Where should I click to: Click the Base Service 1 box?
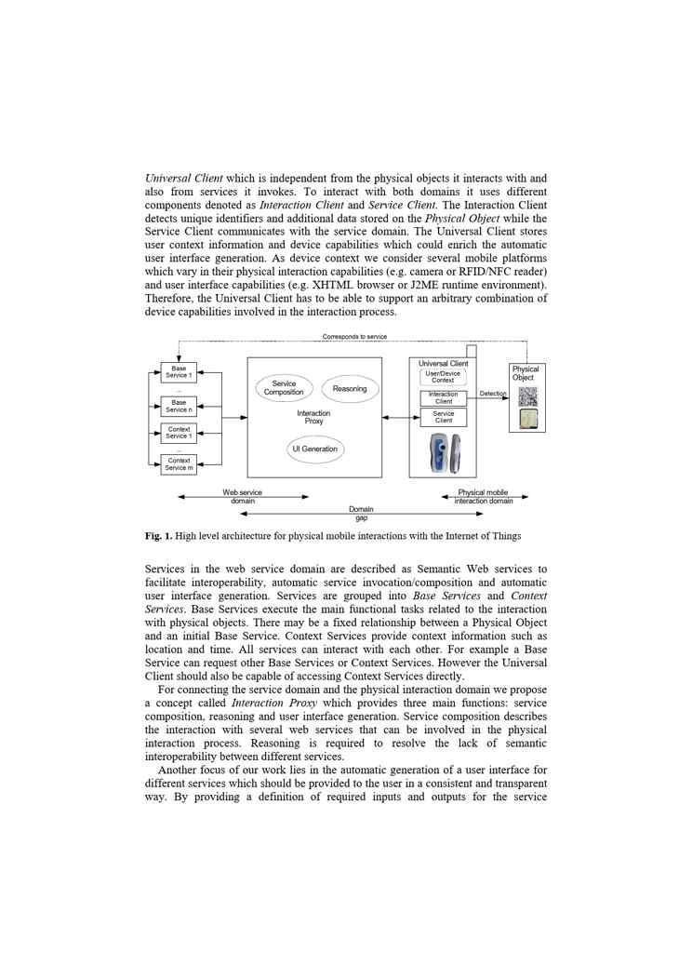coord(179,372)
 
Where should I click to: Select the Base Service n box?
coord(179,407)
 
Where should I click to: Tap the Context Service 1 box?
coord(179,433)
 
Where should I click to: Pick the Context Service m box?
coord(179,463)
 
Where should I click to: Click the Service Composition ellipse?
coord(284,388)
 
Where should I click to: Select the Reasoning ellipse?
coord(350,389)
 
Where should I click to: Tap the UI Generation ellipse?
coord(314,449)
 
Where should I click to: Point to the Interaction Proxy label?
coord(313,418)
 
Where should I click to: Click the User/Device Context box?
coord(443,377)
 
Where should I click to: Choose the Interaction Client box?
coord(444,398)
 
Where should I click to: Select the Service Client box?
coord(444,417)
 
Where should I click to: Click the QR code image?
coord(527,396)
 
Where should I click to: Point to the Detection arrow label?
coord(493,394)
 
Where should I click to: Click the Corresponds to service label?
coord(354,337)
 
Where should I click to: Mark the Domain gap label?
coord(361,514)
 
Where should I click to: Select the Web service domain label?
coord(243,497)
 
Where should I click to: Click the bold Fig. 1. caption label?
coord(158,536)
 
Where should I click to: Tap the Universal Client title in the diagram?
coord(443,364)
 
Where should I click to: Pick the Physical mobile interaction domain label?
coord(484,497)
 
